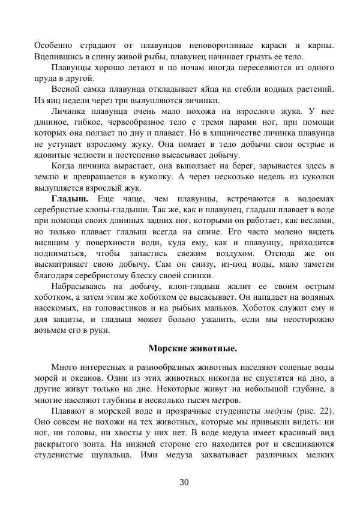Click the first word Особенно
click(x=53, y=45)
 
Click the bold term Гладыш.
click(x=70, y=199)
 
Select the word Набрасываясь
click(x=82, y=287)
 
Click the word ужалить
click(x=194, y=320)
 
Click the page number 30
click(x=184, y=483)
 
